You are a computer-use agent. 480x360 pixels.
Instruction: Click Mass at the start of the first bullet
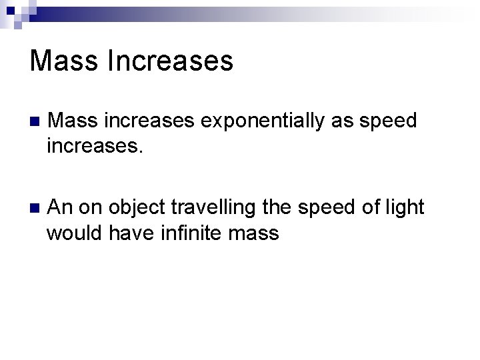70,121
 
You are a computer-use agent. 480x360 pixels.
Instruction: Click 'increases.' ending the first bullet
95,145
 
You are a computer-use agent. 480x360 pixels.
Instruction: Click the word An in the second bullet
61,207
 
